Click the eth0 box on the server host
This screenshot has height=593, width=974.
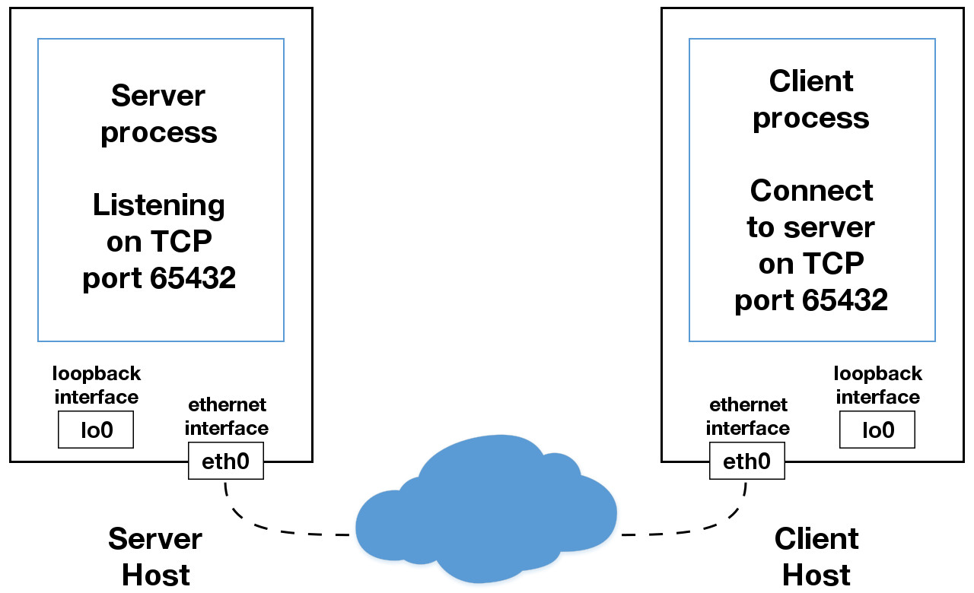(x=225, y=461)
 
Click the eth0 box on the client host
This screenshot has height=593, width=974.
(x=746, y=461)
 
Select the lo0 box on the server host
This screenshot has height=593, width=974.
(x=96, y=430)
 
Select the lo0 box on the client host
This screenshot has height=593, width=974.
(x=877, y=430)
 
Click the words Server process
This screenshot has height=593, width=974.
(x=159, y=114)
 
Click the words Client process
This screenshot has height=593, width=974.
(x=811, y=100)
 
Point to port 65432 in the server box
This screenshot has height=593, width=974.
(x=159, y=279)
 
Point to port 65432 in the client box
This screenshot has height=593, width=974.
(x=811, y=300)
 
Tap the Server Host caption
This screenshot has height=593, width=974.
(x=155, y=557)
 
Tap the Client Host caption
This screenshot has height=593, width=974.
(x=816, y=557)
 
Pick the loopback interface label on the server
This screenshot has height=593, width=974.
(x=97, y=385)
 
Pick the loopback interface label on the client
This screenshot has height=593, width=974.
(x=878, y=385)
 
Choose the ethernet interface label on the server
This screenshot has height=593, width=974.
(x=227, y=417)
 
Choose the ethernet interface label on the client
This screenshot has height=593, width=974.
(x=748, y=417)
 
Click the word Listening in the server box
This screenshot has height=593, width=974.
(x=159, y=205)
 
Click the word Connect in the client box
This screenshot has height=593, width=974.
(x=811, y=190)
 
